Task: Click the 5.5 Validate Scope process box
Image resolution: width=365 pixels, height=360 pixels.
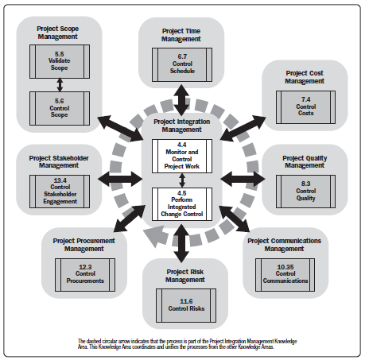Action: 60,61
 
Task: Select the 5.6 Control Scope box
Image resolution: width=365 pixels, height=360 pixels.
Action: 60,108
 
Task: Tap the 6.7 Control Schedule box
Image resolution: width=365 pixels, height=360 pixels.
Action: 182,64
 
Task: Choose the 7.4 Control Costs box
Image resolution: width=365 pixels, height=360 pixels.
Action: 305,107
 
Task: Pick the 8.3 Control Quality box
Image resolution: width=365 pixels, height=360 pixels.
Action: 305,192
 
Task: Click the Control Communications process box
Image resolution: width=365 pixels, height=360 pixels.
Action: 285,275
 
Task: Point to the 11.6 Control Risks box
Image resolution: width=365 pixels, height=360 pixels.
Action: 186,305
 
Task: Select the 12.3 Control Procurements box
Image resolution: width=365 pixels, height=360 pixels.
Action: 85,275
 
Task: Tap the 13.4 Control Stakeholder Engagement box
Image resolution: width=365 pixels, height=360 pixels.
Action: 60,192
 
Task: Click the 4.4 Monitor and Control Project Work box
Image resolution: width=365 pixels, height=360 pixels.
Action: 182,156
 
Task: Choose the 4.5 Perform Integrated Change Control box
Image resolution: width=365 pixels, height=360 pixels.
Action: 182,204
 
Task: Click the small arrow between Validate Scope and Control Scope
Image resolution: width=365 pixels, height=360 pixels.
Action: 60,85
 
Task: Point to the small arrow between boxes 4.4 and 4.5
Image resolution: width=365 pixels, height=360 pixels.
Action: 182,180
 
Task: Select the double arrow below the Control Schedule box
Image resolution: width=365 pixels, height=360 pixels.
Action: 181,100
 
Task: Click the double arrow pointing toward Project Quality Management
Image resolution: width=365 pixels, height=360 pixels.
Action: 243,179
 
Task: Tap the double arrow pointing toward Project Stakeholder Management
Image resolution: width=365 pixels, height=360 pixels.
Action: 120,179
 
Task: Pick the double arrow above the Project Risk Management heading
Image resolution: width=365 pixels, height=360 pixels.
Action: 181,243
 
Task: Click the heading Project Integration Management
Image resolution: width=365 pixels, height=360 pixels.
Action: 182,126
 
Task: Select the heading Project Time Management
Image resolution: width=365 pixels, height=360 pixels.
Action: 181,35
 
